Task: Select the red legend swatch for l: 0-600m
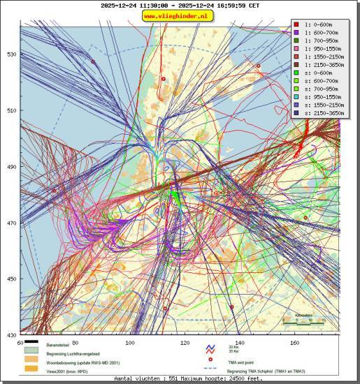(297, 24)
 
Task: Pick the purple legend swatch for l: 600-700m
(297, 33)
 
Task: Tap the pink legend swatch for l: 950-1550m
(297, 49)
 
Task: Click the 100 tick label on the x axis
(130, 343)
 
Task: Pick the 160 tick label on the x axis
(295, 343)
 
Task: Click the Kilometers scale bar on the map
(303, 323)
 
